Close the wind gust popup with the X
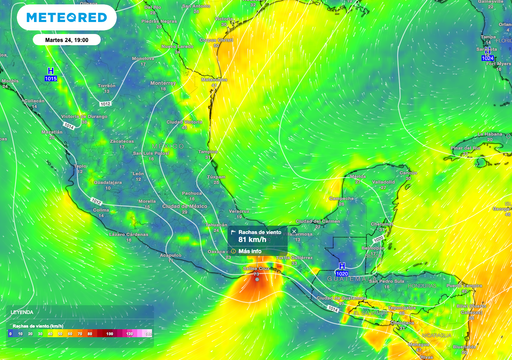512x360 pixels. pos(293,231)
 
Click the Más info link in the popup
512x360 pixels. pos(251,251)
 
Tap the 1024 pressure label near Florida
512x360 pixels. pos(487,59)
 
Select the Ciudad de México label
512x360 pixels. pos(179,206)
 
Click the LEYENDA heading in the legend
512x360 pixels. pos(21,313)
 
